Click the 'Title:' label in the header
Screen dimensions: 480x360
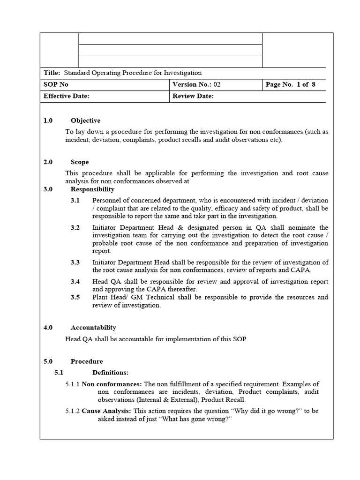tap(52, 73)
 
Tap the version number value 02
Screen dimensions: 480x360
tap(217, 84)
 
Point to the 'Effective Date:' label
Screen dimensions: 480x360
tap(66, 96)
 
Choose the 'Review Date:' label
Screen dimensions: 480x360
tap(193, 96)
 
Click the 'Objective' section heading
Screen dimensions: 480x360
tap(85, 120)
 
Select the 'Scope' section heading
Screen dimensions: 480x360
tap(80, 162)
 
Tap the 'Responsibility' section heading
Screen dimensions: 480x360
tap(92, 189)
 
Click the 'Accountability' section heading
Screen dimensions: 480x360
tap(93, 327)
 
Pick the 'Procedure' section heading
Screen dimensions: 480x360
tap(87, 361)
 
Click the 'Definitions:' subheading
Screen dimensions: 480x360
tap(110, 372)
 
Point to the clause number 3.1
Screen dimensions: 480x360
tap(75, 200)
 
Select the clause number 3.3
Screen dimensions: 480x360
tap(75, 262)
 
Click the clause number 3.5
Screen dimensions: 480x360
tap(75, 297)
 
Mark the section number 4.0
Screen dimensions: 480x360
tap(48, 327)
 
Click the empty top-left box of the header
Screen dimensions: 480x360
tap(60, 50)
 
